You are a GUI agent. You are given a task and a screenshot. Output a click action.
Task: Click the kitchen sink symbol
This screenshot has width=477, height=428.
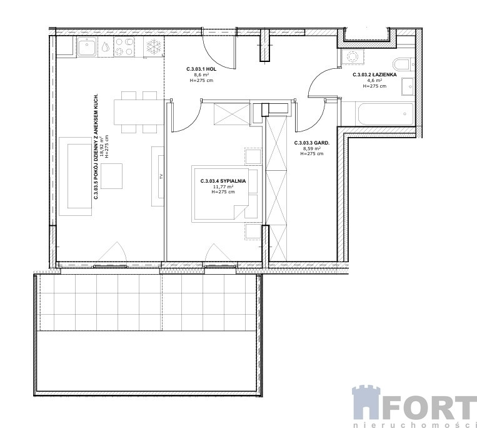87,47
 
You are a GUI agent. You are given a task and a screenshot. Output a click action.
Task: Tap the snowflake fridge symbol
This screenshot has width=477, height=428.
154,46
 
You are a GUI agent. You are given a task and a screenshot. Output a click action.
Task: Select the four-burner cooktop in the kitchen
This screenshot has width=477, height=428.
124,46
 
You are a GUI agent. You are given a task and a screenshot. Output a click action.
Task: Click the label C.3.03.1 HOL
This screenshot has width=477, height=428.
201,69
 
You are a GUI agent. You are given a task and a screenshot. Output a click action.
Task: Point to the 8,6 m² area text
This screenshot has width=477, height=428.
201,74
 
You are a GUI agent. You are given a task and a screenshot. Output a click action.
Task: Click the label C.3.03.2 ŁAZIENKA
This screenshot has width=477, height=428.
374,74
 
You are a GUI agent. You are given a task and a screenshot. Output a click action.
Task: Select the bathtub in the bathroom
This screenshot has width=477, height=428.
384,114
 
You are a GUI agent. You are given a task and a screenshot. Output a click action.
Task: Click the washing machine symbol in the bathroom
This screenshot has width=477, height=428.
353,57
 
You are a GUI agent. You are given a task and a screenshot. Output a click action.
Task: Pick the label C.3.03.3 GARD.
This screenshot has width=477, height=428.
312,143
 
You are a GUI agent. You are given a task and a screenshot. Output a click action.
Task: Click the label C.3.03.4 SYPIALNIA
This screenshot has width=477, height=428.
223,181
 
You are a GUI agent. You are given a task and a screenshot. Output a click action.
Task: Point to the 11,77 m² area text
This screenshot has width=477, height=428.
223,186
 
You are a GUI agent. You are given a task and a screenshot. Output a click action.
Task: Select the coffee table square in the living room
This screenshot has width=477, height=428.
112,176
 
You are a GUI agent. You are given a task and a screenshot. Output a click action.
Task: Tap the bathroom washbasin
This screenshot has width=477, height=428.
408,87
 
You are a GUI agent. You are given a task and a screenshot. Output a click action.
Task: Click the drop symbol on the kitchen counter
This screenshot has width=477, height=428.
106,46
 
